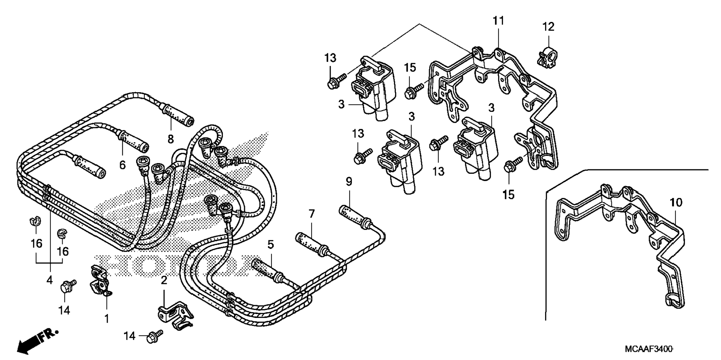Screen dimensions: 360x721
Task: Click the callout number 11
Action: [498, 21]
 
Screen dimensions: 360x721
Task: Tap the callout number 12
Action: [548, 27]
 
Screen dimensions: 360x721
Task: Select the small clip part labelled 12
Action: [547, 56]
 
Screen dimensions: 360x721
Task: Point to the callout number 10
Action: [676, 203]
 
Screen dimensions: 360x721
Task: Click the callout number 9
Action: [349, 182]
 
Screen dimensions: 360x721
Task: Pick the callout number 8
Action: [171, 139]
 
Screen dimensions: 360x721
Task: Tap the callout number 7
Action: [312, 214]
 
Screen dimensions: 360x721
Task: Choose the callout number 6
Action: [123, 165]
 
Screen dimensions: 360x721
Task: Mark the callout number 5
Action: [271, 245]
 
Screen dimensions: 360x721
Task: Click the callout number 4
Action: [50, 280]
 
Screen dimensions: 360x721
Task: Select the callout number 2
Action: [164, 281]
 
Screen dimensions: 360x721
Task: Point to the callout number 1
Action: [107, 319]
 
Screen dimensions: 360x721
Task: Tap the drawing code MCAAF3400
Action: [648, 350]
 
